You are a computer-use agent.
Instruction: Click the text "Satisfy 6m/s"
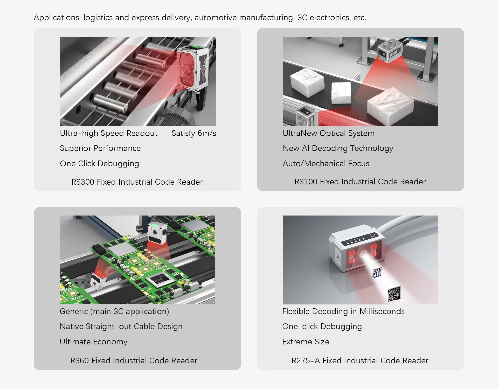tap(194, 133)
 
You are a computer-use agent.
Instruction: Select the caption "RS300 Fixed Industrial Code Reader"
tap(137, 182)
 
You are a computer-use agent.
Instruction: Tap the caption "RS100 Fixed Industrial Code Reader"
tap(360, 182)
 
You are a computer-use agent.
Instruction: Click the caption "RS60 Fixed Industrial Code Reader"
tap(134, 361)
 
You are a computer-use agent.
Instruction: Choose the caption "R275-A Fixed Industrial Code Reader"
tap(360, 361)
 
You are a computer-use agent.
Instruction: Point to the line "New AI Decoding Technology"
tap(338, 148)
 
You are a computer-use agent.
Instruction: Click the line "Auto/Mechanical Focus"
tap(326, 164)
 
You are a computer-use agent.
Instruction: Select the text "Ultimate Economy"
tap(94, 342)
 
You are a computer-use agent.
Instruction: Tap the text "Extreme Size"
tap(306, 342)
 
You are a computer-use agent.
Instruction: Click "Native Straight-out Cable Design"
tap(121, 327)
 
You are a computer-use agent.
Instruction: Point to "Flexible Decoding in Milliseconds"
tap(343, 311)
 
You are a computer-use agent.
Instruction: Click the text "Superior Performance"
tap(100, 148)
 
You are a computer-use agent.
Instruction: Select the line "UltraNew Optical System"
tap(329, 133)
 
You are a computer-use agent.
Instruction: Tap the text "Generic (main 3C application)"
tap(114, 311)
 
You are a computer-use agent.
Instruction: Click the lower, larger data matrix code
tap(394, 294)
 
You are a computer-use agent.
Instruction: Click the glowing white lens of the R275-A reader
tap(363, 253)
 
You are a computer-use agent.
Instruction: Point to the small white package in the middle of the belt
tap(341, 93)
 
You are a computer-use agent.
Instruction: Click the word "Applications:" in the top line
tap(57, 18)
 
